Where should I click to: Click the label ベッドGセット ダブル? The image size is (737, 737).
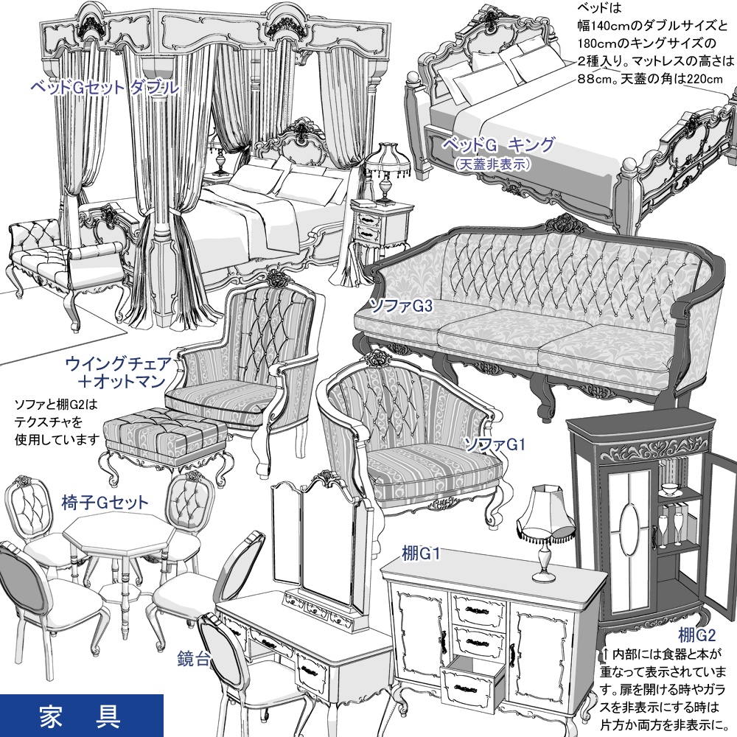tap(104, 88)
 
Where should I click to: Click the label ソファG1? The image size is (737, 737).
tap(493, 443)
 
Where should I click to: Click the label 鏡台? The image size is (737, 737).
tap(194, 656)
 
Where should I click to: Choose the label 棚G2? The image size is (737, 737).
tap(696, 634)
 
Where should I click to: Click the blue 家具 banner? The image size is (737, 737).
tap(81, 715)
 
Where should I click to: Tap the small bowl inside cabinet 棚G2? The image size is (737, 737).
tap(670, 489)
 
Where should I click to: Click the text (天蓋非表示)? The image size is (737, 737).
tap(493, 164)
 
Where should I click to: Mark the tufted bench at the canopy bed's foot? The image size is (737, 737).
tap(63, 254)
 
